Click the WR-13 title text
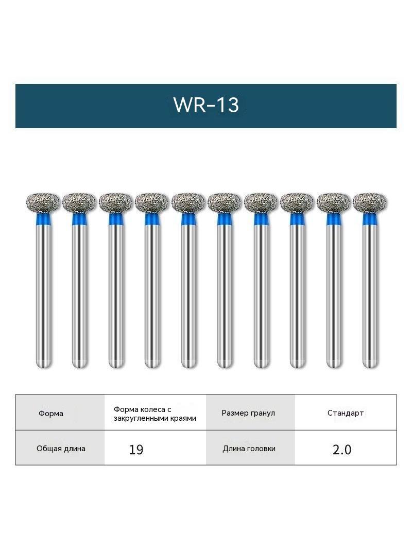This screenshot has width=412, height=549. (206, 105)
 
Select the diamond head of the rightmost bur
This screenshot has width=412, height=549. (370, 202)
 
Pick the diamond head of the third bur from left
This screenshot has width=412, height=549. (116, 202)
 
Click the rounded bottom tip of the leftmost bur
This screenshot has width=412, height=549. (44, 365)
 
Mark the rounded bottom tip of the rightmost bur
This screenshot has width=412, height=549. (370, 365)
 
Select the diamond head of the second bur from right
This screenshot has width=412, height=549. (334, 202)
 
